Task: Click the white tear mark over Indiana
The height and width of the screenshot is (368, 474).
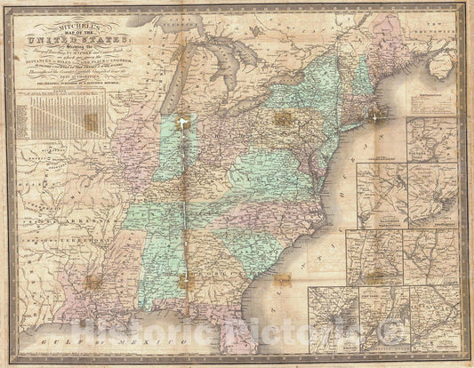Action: click(x=183, y=124)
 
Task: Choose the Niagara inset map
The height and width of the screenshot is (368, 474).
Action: click(x=432, y=138)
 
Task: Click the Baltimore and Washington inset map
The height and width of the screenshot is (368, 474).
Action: click(x=382, y=195)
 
